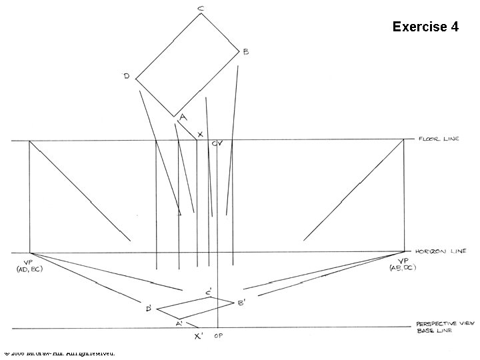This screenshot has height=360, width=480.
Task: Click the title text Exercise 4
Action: (x=425, y=27)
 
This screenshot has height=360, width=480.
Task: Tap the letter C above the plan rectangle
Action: (x=201, y=8)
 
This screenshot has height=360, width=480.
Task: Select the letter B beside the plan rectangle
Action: (x=245, y=52)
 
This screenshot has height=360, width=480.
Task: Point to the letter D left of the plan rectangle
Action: (x=126, y=76)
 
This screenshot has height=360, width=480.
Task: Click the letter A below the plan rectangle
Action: (x=183, y=115)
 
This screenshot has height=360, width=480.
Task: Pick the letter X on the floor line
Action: (x=200, y=134)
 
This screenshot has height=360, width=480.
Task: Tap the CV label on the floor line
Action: (x=217, y=143)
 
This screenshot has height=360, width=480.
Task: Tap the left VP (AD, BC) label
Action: (x=29, y=265)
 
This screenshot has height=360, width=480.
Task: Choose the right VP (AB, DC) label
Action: (x=404, y=265)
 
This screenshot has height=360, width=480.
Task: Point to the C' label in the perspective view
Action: (x=209, y=293)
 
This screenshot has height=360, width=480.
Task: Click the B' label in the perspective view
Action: (x=241, y=303)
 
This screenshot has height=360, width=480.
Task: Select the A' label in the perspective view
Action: (x=179, y=323)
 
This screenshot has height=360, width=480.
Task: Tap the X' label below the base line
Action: (x=198, y=337)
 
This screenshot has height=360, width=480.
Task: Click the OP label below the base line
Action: (x=217, y=336)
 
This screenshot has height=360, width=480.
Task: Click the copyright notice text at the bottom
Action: (x=59, y=352)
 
